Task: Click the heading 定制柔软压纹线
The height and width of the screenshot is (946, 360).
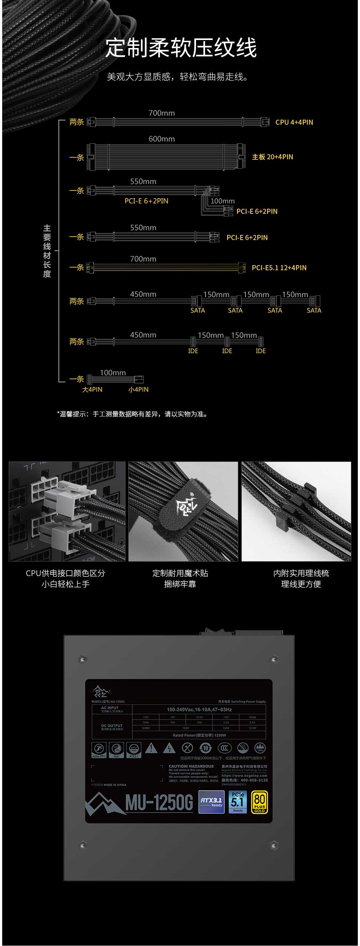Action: click(x=181, y=48)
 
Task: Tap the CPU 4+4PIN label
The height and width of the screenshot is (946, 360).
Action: click(x=294, y=122)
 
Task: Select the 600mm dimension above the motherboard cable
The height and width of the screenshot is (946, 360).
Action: click(x=161, y=139)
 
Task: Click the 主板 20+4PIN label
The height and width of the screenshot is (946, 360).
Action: click(x=272, y=157)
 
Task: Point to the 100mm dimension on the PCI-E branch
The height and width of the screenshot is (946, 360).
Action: click(x=222, y=201)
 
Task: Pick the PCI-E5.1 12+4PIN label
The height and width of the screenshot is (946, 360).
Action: click(x=279, y=268)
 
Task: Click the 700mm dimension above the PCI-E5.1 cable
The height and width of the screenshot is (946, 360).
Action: click(x=143, y=259)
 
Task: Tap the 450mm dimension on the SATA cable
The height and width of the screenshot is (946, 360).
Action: click(x=143, y=294)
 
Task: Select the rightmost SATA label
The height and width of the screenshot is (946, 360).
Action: click(x=314, y=310)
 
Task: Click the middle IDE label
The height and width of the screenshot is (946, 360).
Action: click(x=227, y=351)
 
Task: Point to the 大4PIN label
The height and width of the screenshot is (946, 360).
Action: click(x=92, y=389)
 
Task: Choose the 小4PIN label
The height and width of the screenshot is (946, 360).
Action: click(x=139, y=389)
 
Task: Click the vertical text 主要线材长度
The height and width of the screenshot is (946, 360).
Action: click(x=47, y=251)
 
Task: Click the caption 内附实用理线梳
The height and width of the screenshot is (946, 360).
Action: click(x=301, y=573)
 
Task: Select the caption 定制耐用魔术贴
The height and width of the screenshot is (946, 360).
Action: click(x=180, y=573)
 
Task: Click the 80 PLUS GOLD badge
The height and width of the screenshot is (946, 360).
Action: click(x=259, y=802)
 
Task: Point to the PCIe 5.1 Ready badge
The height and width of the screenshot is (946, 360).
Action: click(x=238, y=802)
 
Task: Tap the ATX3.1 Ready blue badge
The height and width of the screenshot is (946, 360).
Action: click(x=211, y=802)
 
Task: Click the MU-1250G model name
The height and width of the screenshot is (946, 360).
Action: click(x=159, y=803)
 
